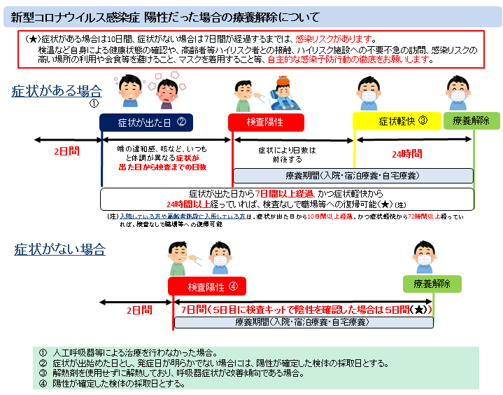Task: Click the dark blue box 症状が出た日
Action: pos(146,121)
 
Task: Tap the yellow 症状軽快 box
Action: pos(396,120)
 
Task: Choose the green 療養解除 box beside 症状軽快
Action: pos(471,120)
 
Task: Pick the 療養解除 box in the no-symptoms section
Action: pos(431,284)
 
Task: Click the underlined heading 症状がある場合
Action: pos(57,91)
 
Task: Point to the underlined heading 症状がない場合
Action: pos(60,249)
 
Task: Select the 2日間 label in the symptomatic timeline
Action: pos(67,151)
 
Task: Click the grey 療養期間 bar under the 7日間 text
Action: pos(302,322)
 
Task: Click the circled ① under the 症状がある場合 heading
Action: pos(93,103)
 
